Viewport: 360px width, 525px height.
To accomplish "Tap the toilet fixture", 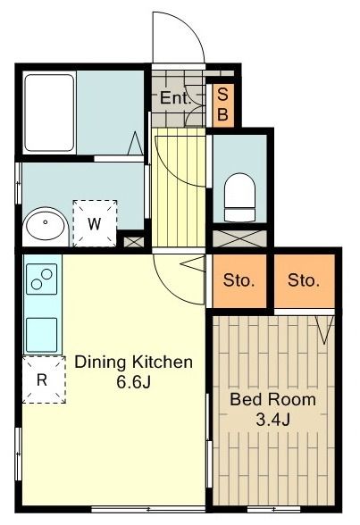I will (x=239, y=196).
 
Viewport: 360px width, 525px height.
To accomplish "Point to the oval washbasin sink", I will (x=44, y=227).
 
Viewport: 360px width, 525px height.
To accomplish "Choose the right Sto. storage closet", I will (x=304, y=280).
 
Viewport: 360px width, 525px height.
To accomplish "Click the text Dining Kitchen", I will (x=133, y=362).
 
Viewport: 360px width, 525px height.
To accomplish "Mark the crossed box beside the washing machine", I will (x=133, y=239).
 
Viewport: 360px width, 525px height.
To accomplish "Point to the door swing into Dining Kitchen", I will (x=174, y=279).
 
